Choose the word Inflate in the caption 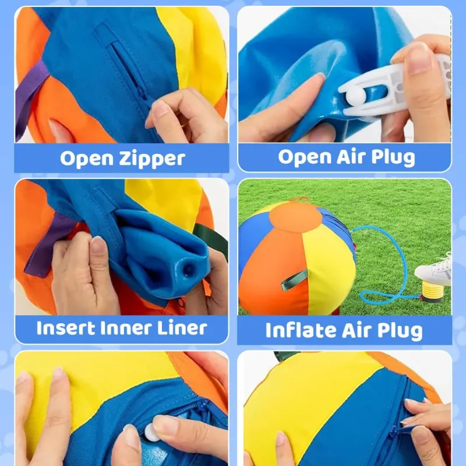(299, 330)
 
